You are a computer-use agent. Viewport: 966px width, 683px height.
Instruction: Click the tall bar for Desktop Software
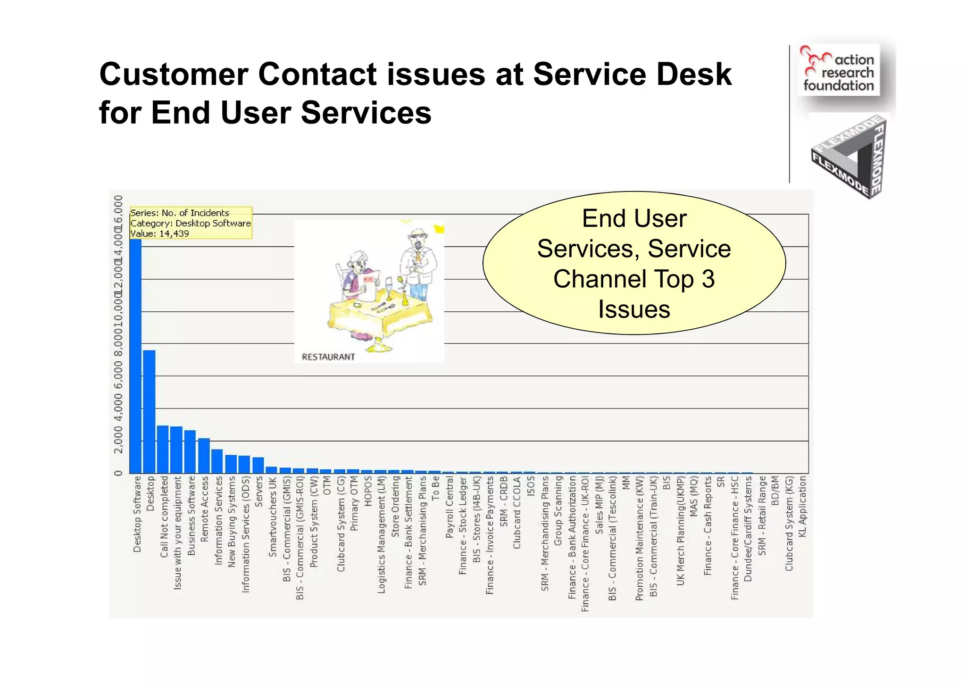pyautogui.click(x=135, y=354)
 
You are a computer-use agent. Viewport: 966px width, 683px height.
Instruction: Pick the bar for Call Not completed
pyautogui.click(x=163, y=449)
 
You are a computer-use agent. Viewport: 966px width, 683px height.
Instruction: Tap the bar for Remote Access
pyautogui.click(x=204, y=456)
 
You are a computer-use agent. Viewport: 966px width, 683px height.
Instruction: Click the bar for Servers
pyautogui.click(x=258, y=465)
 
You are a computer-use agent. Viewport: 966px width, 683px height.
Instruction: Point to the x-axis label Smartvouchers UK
pyautogui.click(x=273, y=517)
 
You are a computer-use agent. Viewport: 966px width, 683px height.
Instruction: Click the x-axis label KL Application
pyautogui.click(x=802, y=506)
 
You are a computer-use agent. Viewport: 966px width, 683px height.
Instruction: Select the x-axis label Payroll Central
pyautogui.click(x=450, y=507)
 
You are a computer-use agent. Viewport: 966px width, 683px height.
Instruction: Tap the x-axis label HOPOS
pyautogui.click(x=368, y=491)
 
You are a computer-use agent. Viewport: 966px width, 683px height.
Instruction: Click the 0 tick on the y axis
pyautogui.click(x=118, y=473)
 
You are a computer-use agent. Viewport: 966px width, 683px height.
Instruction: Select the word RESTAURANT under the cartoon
pyautogui.click(x=328, y=357)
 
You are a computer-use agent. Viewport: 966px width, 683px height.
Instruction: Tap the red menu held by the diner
pyautogui.click(x=367, y=280)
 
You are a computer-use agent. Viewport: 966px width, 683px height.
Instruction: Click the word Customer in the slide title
pyautogui.click(x=174, y=75)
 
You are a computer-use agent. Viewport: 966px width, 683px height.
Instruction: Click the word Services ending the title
pyautogui.click(x=366, y=113)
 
